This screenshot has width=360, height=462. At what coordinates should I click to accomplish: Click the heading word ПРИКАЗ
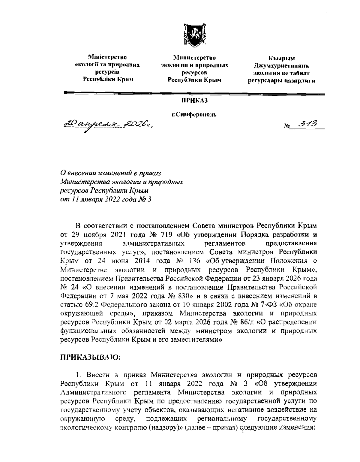click(x=194, y=100)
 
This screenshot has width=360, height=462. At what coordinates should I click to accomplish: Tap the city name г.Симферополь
click(x=194, y=115)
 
